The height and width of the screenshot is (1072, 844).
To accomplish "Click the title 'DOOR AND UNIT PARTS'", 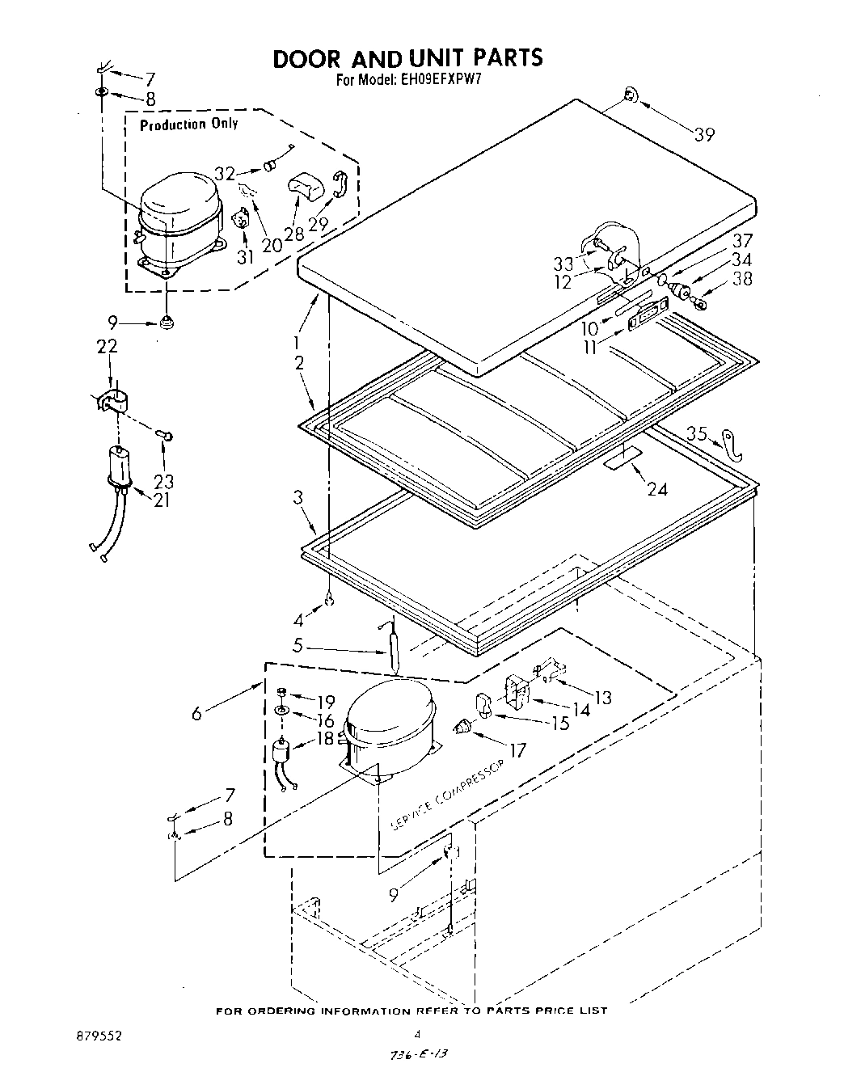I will coord(407,58).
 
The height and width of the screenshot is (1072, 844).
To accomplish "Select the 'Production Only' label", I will coord(188,124).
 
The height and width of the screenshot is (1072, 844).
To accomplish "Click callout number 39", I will coord(704,135).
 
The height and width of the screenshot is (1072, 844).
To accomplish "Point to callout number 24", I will coord(657,489).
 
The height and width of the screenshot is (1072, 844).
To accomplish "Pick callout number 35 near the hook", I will coord(697,434).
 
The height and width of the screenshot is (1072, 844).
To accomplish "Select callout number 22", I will coord(107,346).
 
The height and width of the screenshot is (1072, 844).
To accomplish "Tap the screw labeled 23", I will coord(168,437).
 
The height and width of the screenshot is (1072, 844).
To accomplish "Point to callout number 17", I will coord(517,750).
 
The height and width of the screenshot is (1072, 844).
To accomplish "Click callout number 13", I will coord(602,697).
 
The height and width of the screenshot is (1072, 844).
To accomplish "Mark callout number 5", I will coord(297,647).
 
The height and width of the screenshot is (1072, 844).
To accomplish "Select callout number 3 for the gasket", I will coord(298,496).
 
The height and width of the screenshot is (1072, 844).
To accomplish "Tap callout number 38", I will coord(741,278).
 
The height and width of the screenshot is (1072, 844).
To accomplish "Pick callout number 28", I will coord(293,234).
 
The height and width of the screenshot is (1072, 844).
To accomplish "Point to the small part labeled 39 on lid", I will coord(631,99).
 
